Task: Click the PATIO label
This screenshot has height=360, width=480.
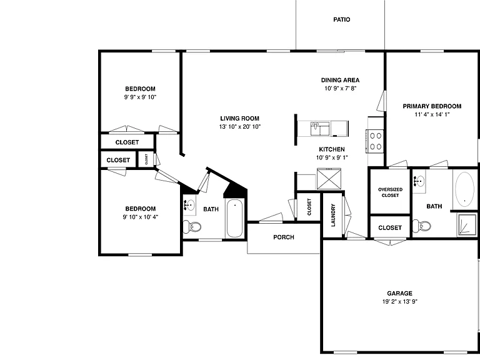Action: [x=342, y=19]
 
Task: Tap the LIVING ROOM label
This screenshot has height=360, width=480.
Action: [x=240, y=119]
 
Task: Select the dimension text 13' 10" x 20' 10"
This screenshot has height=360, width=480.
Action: [x=240, y=127]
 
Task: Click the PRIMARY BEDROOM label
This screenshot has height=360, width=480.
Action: [x=432, y=106]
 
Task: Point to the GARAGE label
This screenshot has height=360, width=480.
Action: [x=399, y=293]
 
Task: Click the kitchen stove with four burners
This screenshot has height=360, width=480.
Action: [x=375, y=141]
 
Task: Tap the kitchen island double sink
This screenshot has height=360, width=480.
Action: [x=320, y=129]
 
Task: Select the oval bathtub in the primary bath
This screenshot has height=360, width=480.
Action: [x=465, y=189]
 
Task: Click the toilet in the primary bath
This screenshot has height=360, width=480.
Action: [x=421, y=226]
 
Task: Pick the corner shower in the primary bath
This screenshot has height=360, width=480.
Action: [x=467, y=225]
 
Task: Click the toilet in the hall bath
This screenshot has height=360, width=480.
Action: [x=192, y=227]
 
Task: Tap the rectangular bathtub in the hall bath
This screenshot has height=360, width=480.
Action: [x=234, y=218]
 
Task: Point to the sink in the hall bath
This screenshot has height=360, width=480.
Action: [x=190, y=205]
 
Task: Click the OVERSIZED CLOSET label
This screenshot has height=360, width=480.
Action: [x=390, y=192]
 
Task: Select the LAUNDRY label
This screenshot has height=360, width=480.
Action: [x=333, y=215]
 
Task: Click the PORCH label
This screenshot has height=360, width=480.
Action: [x=284, y=237]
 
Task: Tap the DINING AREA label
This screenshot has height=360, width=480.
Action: [x=340, y=80]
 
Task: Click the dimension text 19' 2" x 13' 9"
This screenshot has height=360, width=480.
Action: [x=400, y=301]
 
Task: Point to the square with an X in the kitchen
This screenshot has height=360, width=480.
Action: [x=329, y=179]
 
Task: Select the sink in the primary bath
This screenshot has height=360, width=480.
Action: [x=419, y=181]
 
